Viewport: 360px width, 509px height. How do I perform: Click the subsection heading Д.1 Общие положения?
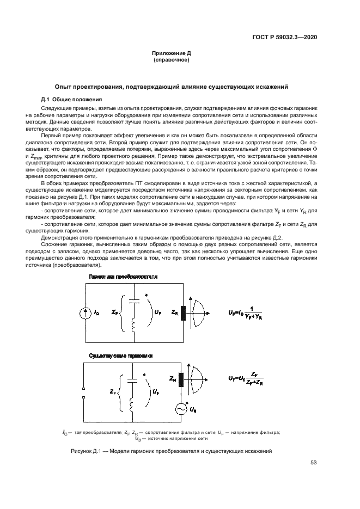71,99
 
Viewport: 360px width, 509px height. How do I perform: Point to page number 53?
314,463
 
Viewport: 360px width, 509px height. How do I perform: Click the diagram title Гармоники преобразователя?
123,277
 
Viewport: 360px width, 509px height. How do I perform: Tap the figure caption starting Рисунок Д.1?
171,451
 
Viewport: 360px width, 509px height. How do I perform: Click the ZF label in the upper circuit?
113,313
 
